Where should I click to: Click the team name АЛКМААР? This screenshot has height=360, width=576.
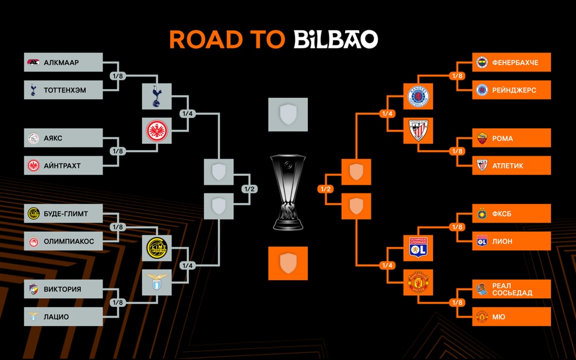click(x=61, y=63)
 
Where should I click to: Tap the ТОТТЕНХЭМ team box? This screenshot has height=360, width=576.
click(x=63, y=90)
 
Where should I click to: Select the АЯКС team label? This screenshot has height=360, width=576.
click(x=53, y=138)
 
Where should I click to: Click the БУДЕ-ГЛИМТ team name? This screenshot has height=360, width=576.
click(x=66, y=214)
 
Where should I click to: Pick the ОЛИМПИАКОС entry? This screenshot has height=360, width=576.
click(x=63, y=241)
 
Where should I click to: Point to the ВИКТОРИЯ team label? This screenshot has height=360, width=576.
click(x=62, y=289)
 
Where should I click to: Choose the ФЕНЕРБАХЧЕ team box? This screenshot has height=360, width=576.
click(x=511, y=62)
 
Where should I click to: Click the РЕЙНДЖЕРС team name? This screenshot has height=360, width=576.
click(x=514, y=90)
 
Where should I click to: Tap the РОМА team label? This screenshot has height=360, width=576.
click(x=503, y=138)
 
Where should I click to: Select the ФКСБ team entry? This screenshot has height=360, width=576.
click(x=511, y=213)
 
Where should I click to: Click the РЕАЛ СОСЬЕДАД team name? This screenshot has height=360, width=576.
click(x=512, y=289)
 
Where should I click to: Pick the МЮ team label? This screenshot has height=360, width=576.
click(x=498, y=317)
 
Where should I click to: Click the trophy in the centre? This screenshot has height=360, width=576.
click(x=288, y=192)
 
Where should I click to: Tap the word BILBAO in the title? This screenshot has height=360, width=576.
click(x=336, y=39)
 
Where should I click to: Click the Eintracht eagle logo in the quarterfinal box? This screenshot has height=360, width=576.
click(x=157, y=130)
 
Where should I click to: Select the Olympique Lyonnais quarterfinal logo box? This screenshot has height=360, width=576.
click(x=418, y=248)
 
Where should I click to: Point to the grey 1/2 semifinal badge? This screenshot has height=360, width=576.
click(x=250, y=189)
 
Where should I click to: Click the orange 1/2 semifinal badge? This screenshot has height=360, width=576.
click(x=326, y=189)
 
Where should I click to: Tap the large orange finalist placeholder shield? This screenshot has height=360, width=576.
click(x=288, y=263)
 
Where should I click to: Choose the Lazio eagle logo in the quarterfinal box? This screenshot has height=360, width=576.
click(x=157, y=281)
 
